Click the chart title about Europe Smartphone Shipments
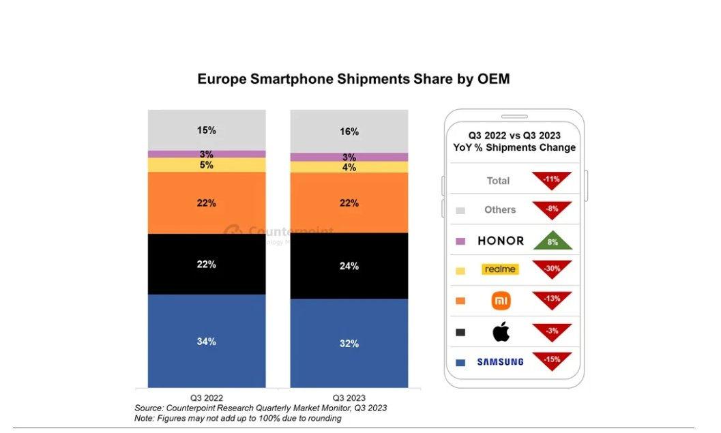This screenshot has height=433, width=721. pos(353,79)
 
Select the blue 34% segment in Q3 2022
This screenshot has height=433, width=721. pos(207,341)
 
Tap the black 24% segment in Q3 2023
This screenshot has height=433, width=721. pos(349,266)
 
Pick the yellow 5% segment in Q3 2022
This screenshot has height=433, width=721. pos(207,165)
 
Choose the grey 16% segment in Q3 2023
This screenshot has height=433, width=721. pos(349,131)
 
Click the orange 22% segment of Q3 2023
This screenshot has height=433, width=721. pos(349,203)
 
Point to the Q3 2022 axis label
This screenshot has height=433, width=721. pos(207,398)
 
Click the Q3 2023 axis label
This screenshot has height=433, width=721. pos(349,398)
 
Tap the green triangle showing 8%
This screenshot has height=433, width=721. pos(553,241)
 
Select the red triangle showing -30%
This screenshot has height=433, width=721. pos(553,268)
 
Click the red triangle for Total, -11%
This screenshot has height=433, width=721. pos(553,179)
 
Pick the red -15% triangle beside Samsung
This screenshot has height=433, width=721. pos(553,359)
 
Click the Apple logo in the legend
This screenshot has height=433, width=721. pos(501,332)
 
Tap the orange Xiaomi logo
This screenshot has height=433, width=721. pos(501,301)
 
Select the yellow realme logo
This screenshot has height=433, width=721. pos(500,269)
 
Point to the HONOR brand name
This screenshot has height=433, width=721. pos(501,241)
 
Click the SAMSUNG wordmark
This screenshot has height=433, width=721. pos(500,362)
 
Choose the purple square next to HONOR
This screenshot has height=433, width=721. pos(460,241)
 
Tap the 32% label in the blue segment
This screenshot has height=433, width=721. pos(349,344)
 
